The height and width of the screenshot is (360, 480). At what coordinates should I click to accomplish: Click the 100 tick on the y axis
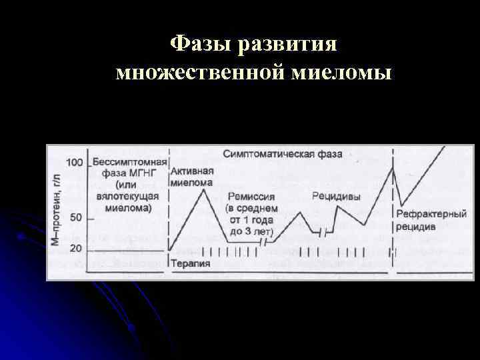pyautogui.click(x=75, y=163)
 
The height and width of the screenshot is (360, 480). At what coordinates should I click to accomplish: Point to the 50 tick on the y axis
pyautogui.click(x=77, y=218)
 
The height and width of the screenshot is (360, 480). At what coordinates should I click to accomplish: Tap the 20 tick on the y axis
pyautogui.click(x=77, y=249)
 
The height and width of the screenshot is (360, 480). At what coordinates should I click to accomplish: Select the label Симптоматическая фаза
pyautogui.click(x=282, y=154)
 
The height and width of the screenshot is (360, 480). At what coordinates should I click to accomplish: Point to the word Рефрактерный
pyautogui.click(x=427, y=214)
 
